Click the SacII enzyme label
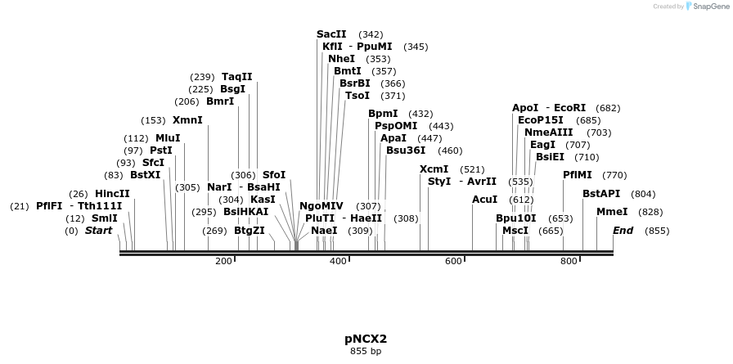tap(331, 34)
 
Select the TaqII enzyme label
tap(236, 77)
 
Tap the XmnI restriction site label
tap(187, 120)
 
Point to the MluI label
tap(168, 138)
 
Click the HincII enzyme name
tap(112, 194)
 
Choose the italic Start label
tap(98, 231)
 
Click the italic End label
tap(623, 231)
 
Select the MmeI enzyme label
tap(612, 212)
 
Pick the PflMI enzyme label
tap(578, 175)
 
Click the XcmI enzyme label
tap(434, 169)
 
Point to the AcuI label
tap(485, 200)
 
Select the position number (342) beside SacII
tap(371, 34)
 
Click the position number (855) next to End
tap(657, 231)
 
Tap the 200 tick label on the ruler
tap(223, 261)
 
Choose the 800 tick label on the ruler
tap(569, 261)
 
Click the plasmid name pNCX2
tap(366, 339)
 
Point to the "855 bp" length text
tap(366, 351)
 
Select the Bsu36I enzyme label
tap(406, 151)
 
